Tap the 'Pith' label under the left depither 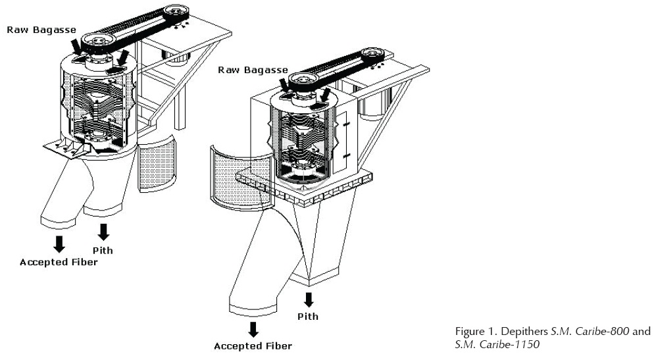(103, 249)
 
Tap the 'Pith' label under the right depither (308, 316)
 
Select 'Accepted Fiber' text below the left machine (59, 263)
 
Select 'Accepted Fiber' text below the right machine (253, 345)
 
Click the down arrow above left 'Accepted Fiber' (59, 243)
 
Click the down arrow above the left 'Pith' (103, 231)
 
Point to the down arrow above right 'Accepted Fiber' (253, 328)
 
